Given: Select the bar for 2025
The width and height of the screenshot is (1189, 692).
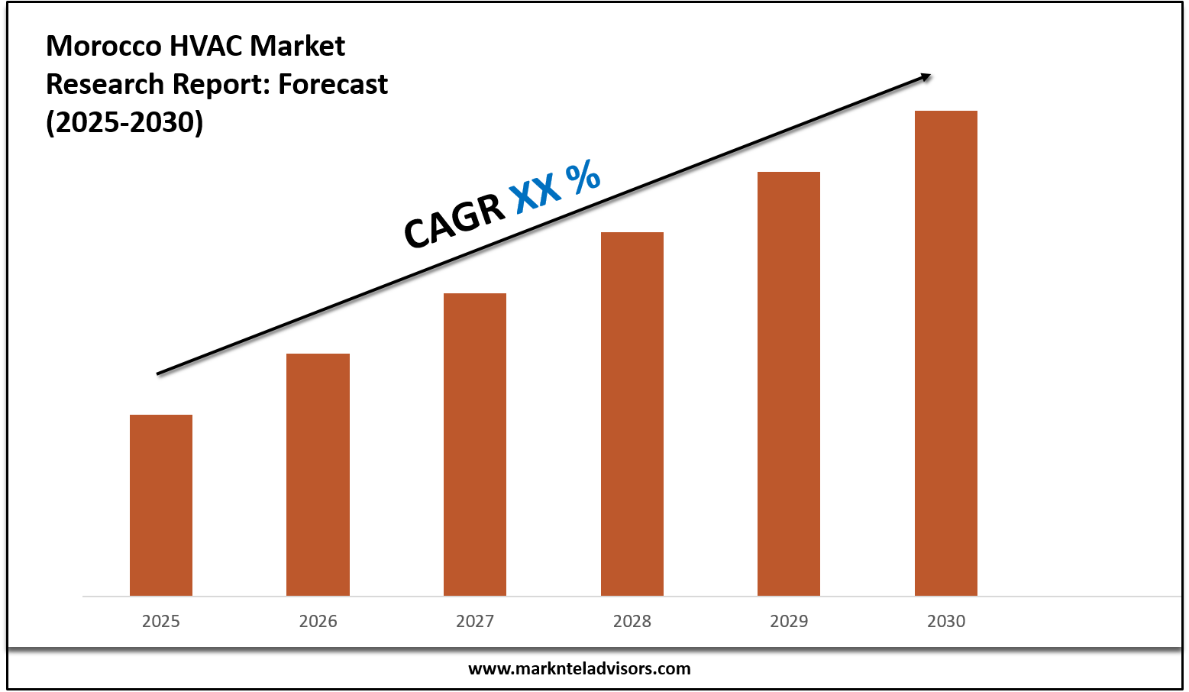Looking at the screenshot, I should tap(161, 505).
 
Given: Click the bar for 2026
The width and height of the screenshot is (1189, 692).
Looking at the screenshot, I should tap(318, 474).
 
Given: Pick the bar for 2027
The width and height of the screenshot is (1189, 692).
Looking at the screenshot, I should tap(475, 444).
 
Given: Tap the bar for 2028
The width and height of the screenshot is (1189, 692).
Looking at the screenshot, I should tap(632, 413).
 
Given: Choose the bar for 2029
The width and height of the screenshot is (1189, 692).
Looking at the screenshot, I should tap(789, 383).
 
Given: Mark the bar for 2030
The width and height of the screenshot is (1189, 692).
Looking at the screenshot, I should tap(946, 353).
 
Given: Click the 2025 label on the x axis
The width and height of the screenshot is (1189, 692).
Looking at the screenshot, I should tap(161, 621).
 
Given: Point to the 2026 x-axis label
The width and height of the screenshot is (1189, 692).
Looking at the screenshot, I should tap(318, 621).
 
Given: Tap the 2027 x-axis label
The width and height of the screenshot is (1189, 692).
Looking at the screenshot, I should tap(475, 621).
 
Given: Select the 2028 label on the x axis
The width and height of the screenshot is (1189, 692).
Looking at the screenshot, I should tap(632, 621).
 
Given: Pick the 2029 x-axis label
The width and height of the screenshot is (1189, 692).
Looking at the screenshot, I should tap(789, 621).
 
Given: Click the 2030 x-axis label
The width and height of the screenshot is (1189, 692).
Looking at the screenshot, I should tap(946, 621).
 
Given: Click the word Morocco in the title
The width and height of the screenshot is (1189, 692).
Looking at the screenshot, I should tap(103, 47).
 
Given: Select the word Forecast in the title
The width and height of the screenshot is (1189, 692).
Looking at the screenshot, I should tap(333, 84).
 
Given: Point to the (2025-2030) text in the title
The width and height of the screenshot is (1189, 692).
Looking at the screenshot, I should tap(124, 122).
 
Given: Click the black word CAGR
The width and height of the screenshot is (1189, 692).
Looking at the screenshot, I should tap(454, 220).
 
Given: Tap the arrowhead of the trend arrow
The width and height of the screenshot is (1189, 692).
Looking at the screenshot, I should tap(925, 76).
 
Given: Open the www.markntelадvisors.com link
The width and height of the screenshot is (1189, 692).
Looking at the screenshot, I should tap(579, 669).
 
